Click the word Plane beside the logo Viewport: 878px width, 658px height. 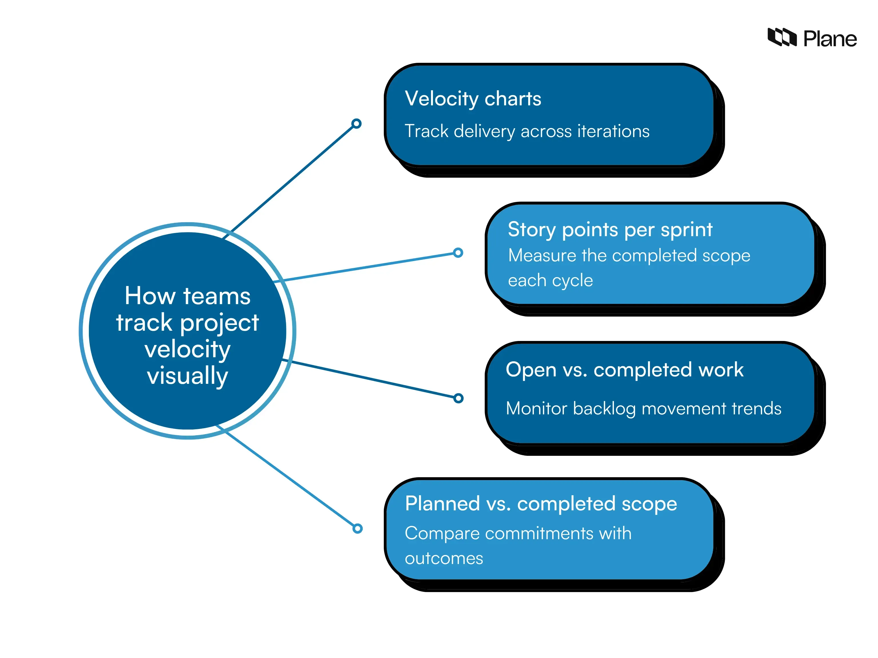[830, 39]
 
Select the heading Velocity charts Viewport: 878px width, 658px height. [473, 99]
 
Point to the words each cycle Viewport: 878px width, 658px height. [550, 280]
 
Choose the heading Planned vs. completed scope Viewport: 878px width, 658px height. [541, 504]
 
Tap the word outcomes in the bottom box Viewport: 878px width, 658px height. [444, 558]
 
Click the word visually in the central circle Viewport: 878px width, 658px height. [187, 375]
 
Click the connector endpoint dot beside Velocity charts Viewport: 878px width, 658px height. [356, 124]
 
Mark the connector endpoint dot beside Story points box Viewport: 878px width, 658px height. [458, 253]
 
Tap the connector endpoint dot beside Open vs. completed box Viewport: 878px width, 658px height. [458, 398]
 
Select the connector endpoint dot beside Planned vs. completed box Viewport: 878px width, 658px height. [358, 528]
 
